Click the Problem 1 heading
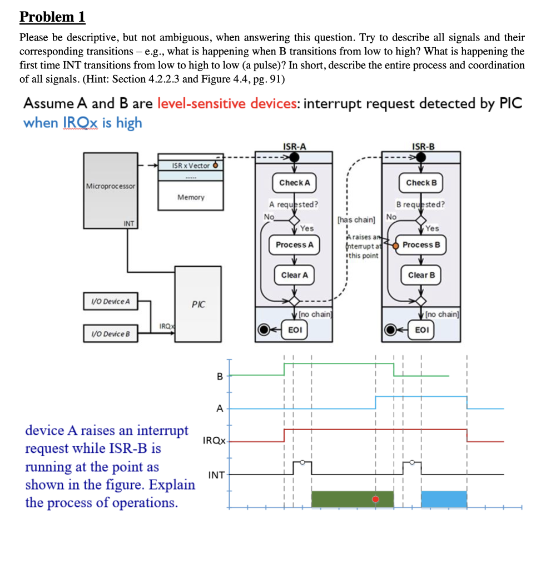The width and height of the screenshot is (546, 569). point(52,17)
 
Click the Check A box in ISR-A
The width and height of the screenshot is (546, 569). point(294,182)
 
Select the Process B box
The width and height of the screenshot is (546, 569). point(421,245)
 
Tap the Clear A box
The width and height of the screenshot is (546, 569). point(294,275)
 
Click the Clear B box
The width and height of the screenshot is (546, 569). point(421,275)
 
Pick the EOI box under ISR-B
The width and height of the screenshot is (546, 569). point(421,329)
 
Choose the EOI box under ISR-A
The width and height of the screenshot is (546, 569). point(294,329)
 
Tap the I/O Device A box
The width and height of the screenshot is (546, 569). point(110,301)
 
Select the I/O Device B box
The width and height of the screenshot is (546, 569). point(110,334)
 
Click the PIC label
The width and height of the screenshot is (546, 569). point(198,305)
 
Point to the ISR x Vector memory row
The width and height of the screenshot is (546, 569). point(191,166)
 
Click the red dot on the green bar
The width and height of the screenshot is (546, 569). point(375,499)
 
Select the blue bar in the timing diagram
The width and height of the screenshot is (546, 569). point(444,499)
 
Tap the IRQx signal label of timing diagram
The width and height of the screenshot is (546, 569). point(214,441)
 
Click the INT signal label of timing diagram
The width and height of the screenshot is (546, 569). point(216,475)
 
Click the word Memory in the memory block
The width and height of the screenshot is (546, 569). point(191,197)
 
